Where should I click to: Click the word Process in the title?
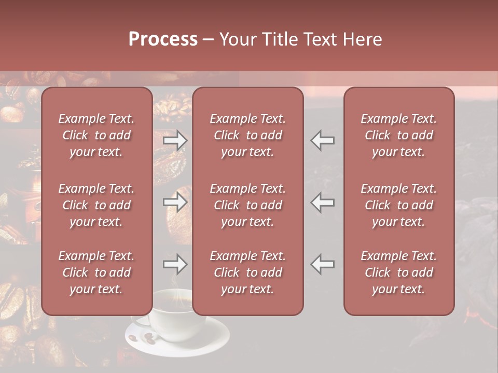(163, 39)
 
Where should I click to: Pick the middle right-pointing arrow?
(175, 202)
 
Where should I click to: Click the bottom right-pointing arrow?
(175, 264)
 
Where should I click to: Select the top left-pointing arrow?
(323, 140)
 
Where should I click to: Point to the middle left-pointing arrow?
(323, 202)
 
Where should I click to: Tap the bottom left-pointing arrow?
(323, 264)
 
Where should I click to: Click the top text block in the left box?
(96, 135)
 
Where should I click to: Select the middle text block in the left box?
(96, 205)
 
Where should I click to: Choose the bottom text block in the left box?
(96, 272)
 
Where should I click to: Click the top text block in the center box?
(248, 135)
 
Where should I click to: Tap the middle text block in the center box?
(248, 205)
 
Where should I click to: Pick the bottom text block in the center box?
(248, 272)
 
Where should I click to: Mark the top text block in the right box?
(399, 135)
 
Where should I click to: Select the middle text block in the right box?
(399, 205)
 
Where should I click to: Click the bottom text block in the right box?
(399, 272)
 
